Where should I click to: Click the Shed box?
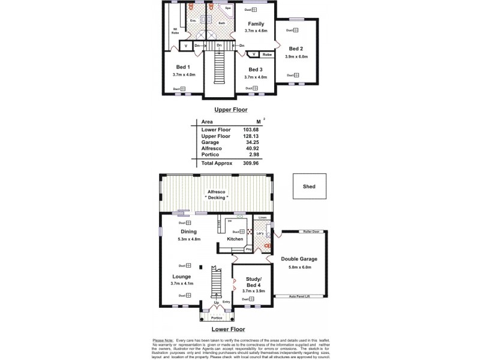[309, 187]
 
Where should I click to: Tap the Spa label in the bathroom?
[228, 9]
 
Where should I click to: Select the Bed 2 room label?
[296, 48]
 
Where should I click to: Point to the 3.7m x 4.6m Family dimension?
[256, 30]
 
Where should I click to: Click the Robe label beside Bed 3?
[267, 55]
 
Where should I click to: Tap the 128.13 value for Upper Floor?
[251, 136]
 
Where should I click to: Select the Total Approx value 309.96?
[251, 163]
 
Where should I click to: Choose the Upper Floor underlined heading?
[231, 110]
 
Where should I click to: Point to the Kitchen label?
[235, 239]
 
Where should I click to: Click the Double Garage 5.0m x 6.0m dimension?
[299, 267]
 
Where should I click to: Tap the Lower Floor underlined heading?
[229, 329]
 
